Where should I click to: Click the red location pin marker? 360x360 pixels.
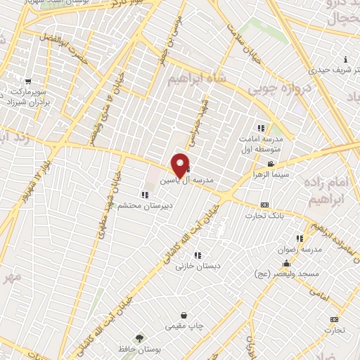click(x=180, y=166)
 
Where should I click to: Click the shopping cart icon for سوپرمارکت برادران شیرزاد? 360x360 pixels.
click(x=27, y=81)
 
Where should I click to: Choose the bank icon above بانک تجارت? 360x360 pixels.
click(x=264, y=205)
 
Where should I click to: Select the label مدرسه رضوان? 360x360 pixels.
click(x=304, y=250)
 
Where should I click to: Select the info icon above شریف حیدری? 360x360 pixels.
click(x=345, y=59)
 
